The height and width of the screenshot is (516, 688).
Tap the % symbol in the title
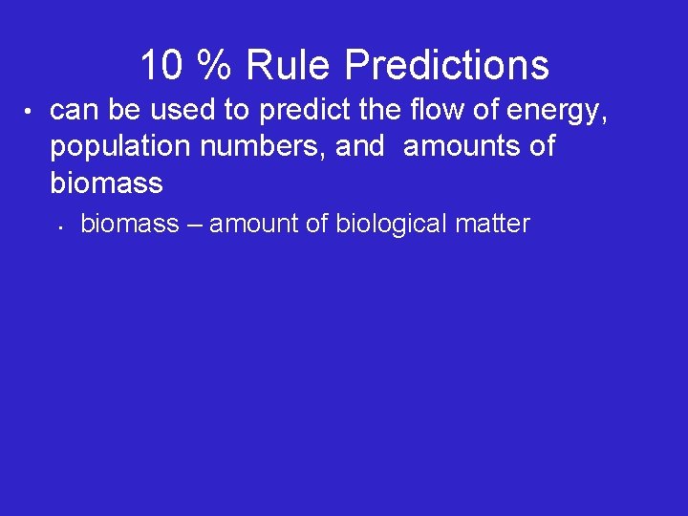(214, 66)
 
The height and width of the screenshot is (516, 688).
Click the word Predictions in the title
(446, 66)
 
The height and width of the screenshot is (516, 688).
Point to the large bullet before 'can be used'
(30, 113)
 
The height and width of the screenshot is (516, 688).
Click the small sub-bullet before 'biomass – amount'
(59, 227)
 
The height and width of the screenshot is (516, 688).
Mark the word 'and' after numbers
(359, 148)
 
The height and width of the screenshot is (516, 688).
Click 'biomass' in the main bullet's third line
(106, 182)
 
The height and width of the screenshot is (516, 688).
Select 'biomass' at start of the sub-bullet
(130, 225)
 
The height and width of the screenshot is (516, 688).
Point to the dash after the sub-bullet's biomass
(195, 226)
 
